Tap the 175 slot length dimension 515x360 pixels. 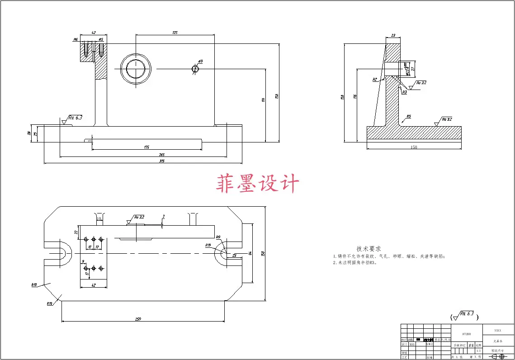(147, 147)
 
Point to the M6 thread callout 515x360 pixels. (76, 40)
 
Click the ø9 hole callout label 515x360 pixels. (200, 61)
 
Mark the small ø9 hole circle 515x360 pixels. (195, 69)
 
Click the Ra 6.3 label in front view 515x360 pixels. (76, 118)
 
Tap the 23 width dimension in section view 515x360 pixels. (393, 35)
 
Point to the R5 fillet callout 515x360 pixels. (408, 117)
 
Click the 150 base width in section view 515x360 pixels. (414, 147)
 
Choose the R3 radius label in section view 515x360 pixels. (404, 92)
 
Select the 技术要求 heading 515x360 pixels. (369, 249)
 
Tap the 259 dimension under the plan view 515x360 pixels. (138, 319)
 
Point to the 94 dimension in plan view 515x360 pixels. (250, 253)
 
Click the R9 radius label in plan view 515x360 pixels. (218, 237)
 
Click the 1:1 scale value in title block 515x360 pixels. (478, 351)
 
